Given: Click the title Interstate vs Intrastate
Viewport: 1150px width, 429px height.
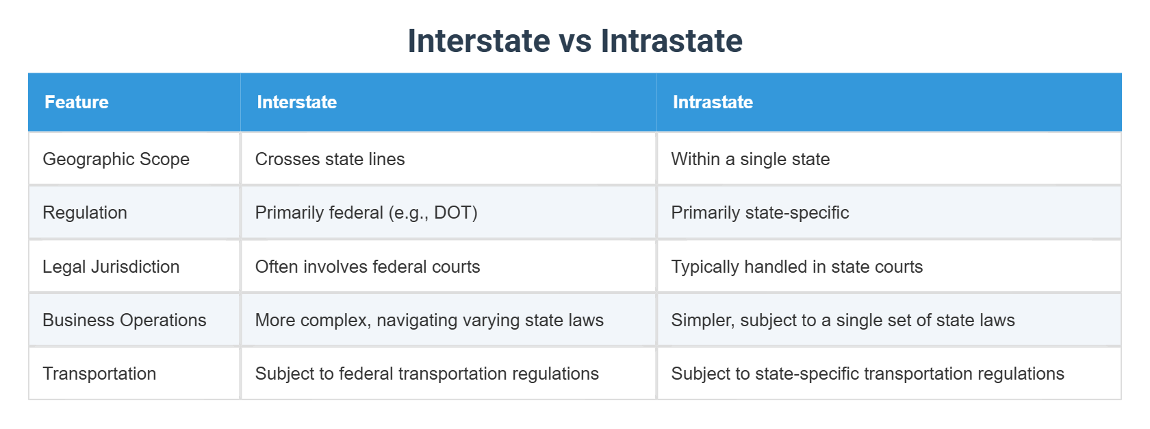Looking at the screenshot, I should (575, 41).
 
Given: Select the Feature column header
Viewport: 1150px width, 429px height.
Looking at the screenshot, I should (77, 102).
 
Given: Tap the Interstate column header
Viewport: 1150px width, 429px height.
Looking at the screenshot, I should (296, 102).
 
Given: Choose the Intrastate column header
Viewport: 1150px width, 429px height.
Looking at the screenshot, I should (713, 102).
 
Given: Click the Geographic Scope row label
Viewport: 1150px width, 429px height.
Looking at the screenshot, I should (116, 159).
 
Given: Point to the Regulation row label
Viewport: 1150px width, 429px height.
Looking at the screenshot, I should (85, 212).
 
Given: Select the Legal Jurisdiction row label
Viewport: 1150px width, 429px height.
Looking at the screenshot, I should (111, 267).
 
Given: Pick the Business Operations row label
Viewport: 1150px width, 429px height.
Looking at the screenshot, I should (124, 320).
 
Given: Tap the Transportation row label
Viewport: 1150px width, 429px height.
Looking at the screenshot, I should (99, 373).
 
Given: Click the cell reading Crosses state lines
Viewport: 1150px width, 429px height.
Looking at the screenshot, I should (330, 159).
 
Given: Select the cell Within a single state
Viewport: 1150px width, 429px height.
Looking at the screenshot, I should (750, 159).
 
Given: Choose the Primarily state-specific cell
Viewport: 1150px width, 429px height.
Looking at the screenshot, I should (760, 212).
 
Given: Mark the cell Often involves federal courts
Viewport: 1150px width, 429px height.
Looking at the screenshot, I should (368, 267).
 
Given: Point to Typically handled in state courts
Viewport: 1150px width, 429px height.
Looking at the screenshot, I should (797, 267).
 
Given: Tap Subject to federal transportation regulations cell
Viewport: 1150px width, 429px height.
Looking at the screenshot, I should (426, 373).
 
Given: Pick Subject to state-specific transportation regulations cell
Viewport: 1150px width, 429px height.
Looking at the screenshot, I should (867, 373).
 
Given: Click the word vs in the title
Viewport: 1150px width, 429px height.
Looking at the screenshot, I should (575, 41).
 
